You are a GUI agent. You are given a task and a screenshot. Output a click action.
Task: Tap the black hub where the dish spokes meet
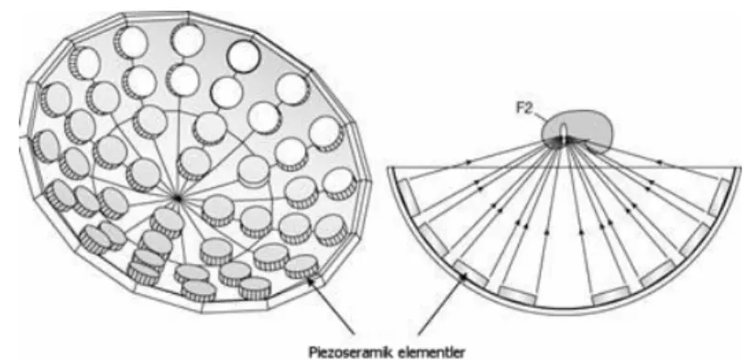coord(177,198)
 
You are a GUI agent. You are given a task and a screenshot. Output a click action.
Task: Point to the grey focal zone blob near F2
coord(577,128)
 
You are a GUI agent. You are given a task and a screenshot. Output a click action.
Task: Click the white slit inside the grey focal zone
coord(564,133)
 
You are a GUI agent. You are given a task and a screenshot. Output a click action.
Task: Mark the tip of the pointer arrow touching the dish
coord(309,279)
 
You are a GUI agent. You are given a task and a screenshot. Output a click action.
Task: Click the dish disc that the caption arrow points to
coord(302,267)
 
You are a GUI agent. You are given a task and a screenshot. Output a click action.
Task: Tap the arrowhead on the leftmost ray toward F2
coord(467,162)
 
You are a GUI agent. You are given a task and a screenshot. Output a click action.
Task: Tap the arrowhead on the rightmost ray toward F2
coord(660,162)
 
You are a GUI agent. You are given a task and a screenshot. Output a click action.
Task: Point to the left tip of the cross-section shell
coord(389,169)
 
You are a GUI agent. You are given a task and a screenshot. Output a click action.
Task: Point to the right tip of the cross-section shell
coord(739,169)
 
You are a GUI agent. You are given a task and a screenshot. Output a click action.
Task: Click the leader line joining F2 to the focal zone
coord(539,115)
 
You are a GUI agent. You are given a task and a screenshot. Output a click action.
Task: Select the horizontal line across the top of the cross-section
coord(564,167)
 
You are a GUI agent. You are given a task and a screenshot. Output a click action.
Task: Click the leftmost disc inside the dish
coord(47,147)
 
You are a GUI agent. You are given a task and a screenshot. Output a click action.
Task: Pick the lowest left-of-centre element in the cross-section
coord(517,295)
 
